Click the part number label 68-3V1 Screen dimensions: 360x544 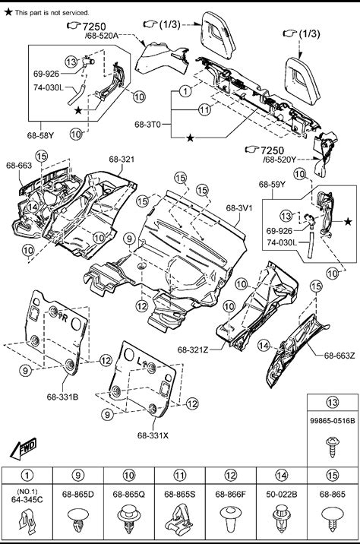[239, 208]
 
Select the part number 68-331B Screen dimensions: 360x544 [62, 397]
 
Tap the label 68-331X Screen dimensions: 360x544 [153, 435]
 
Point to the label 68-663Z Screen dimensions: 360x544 [339, 356]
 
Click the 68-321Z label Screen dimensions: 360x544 [193, 349]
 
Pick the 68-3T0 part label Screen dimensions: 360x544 [148, 124]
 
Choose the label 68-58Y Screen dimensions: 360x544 [40, 135]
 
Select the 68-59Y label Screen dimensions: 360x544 [272, 184]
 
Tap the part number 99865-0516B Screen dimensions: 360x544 [332, 421]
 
